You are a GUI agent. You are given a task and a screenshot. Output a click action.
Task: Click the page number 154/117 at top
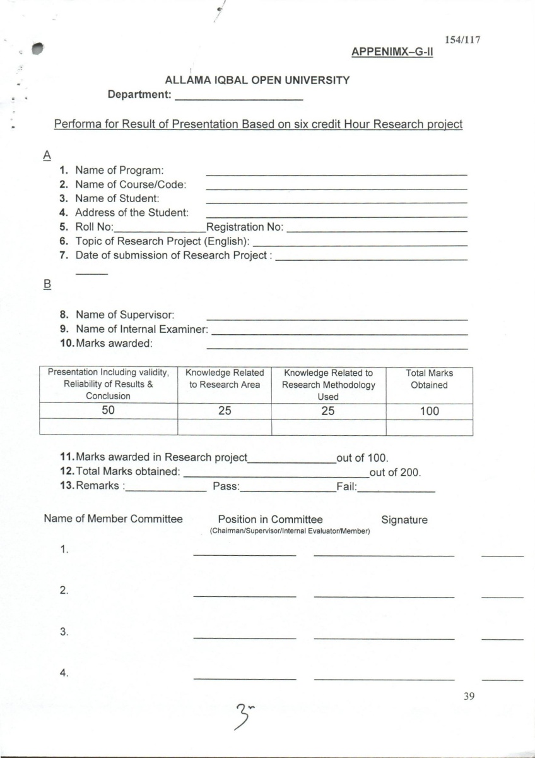(463, 40)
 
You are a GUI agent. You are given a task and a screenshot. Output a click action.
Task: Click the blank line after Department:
(238, 100)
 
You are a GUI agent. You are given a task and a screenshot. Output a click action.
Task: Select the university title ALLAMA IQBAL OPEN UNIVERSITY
(257, 81)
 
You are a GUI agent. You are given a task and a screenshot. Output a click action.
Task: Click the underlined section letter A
(46, 155)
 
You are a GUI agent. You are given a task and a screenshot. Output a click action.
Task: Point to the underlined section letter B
(46, 285)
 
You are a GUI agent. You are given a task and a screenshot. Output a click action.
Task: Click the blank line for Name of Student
(336, 202)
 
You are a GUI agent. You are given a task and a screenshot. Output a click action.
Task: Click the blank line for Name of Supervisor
(337, 319)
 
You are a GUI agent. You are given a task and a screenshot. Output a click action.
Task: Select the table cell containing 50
(109, 411)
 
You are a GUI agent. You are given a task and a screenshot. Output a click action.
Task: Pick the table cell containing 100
(429, 411)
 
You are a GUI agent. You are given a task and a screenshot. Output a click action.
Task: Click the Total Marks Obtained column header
(429, 379)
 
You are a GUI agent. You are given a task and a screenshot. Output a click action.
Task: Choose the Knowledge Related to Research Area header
(225, 379)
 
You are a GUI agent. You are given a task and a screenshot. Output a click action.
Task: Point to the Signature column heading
(404, 520)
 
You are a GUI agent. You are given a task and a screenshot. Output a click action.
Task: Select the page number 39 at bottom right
(468, 696)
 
